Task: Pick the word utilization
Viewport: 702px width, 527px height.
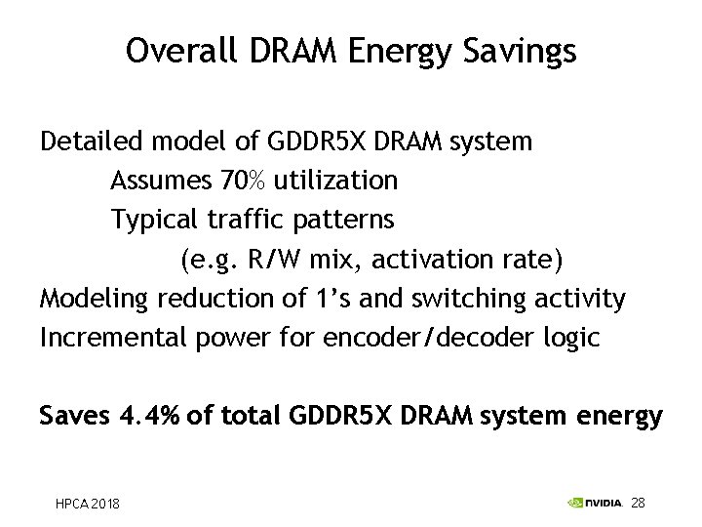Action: click(336, 181)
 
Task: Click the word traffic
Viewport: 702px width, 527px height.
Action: click(243, 220)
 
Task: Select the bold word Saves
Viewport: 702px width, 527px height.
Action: click(74, 417)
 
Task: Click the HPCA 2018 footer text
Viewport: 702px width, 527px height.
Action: click(87, 504)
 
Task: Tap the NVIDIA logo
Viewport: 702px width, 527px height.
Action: click(595, 503)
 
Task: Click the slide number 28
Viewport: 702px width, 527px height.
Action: click(639, 503)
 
